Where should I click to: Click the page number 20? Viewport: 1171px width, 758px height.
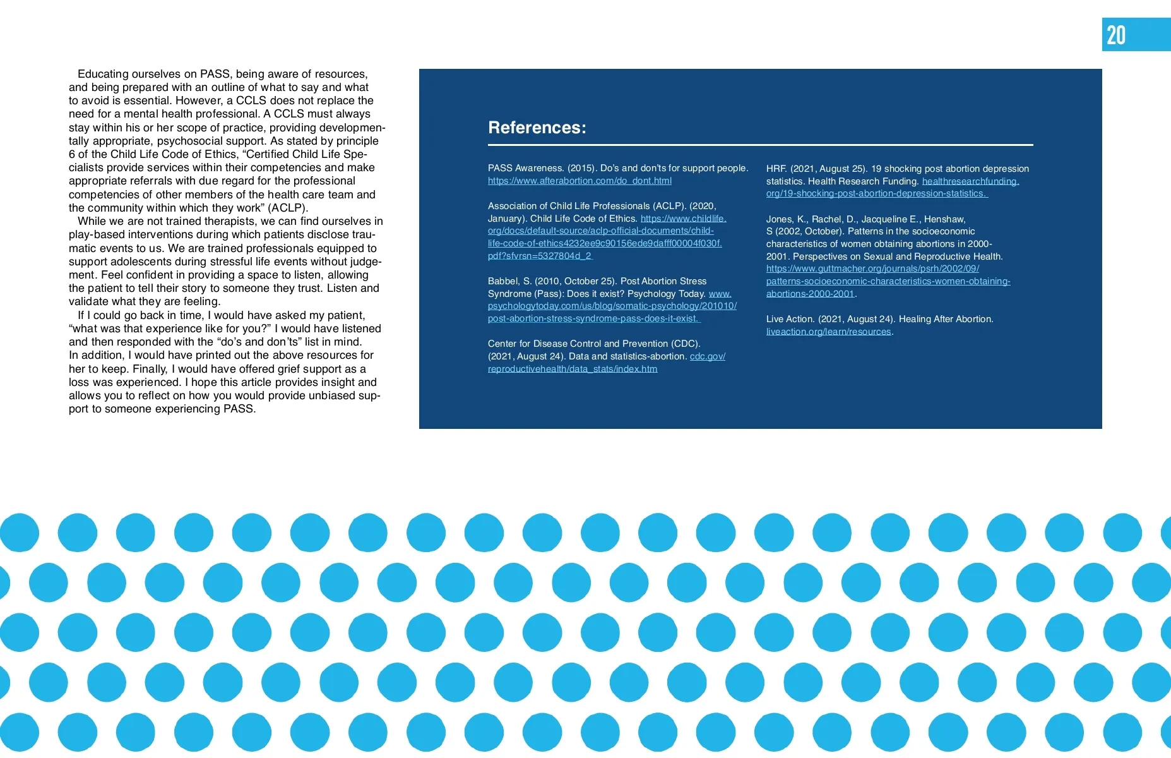coord(1116,35)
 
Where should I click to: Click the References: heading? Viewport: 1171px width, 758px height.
coord(537,128)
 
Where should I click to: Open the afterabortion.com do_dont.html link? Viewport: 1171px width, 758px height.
coord(580,181)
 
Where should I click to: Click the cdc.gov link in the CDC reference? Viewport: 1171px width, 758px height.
coord(707,356)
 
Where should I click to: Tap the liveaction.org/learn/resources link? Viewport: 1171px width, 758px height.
coord(828,332)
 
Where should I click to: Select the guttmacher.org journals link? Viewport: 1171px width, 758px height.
coord(872,268)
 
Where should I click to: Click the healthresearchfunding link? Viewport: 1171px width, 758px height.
coord(970,181)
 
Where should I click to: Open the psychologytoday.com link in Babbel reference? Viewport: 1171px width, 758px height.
coord(612,306)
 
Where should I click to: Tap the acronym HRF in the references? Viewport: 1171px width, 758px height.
coord(776,169)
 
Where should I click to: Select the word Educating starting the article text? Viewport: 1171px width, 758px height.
coord(103,74)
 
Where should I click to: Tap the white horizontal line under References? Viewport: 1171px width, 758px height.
coord(760,145)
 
